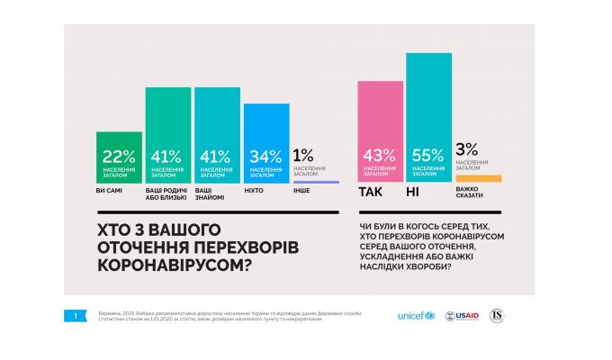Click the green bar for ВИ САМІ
tap(119, 157)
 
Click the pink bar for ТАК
tap(380, 132)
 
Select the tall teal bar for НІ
tap(428, 118)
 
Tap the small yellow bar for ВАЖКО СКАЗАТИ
tap(478, 178)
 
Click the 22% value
tap(119, 156)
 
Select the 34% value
tap(266, 156)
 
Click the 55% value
tap(428, 156)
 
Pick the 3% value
tap(467, 149)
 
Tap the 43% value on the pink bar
tap(380, 156)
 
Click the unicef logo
tap(416, 316)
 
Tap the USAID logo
tap(462, 316)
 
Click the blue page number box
tap(76, 315)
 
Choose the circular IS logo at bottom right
tap(496, 316)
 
